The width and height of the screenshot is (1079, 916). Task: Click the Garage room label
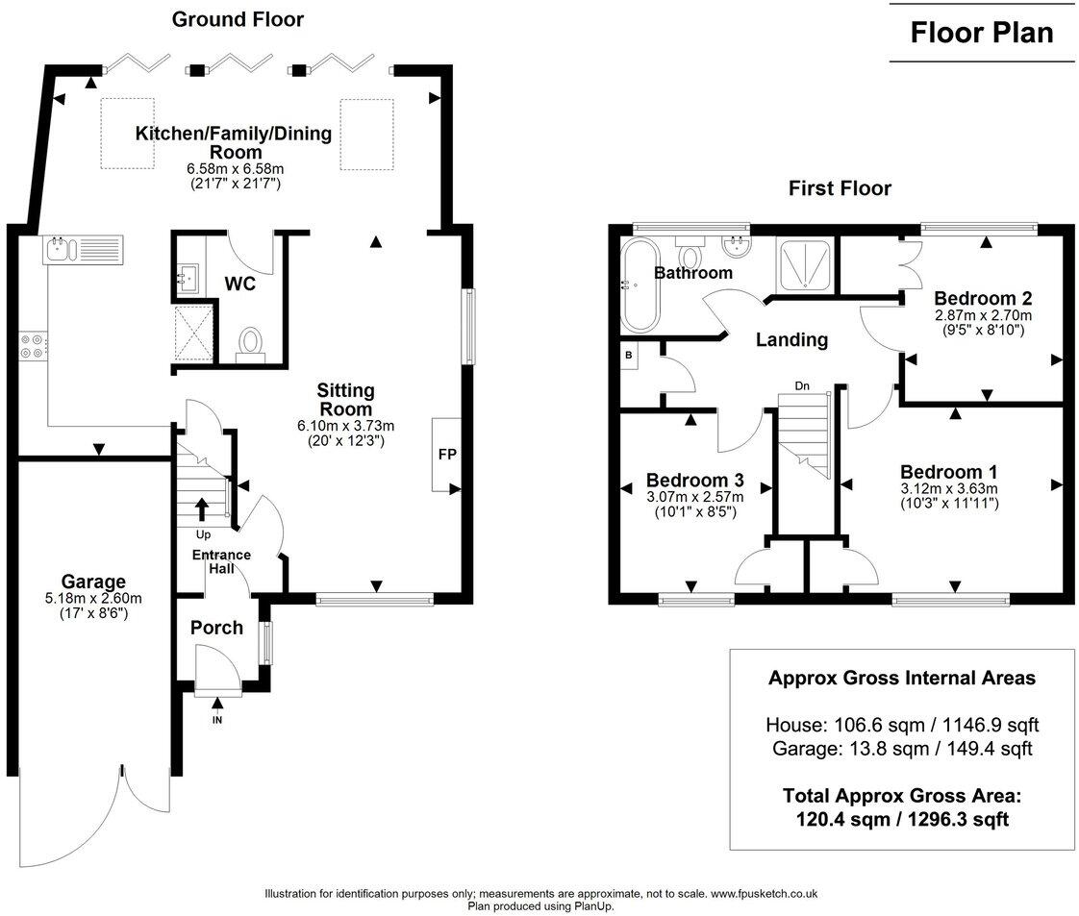coord(93,582)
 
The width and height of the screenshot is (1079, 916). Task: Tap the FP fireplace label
coord(447,454)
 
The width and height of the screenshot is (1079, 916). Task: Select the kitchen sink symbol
coord(84,250)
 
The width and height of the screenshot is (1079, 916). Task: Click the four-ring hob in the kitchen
coord(33,345)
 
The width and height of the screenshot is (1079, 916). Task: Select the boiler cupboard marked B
coord(629,356)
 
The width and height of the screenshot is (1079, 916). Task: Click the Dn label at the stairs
coord(802,385)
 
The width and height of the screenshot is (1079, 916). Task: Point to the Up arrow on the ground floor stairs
coord(202,509)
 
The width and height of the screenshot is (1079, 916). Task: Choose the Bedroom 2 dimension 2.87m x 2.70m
coord(983,315)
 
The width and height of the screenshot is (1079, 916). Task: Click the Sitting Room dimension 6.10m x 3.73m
coord(345,426)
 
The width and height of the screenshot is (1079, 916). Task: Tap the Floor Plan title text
coord(982,33)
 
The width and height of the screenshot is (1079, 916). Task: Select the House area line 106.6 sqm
coord(902,724)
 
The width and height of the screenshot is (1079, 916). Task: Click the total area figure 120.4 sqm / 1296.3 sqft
coord(902,819)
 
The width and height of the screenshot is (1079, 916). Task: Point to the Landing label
coord(791,339)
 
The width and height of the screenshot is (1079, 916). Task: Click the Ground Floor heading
coord(238,19)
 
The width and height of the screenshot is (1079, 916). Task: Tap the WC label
coord(240,284)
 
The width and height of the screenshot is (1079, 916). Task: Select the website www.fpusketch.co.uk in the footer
coord(764,894)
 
